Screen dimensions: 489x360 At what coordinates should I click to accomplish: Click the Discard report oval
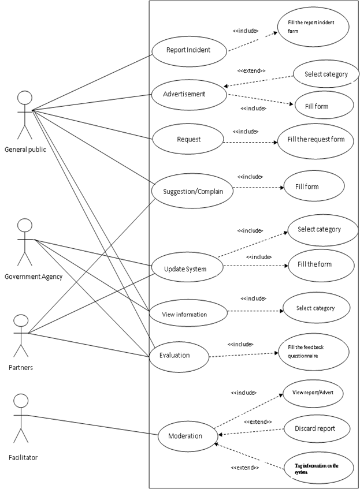tap(315, 429)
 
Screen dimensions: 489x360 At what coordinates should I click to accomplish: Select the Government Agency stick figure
tap(25, 242)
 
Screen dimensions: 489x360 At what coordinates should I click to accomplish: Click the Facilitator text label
tap(23, 457)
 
